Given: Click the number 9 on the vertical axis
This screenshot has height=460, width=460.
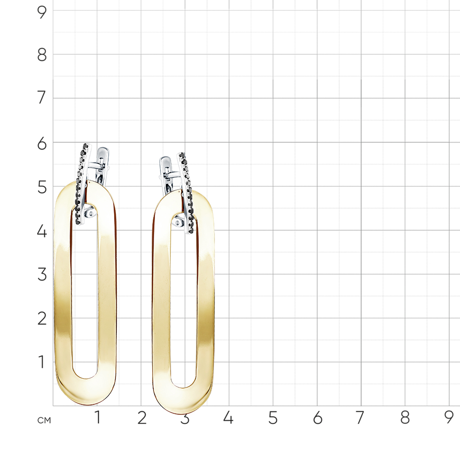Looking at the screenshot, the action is coord(42,12).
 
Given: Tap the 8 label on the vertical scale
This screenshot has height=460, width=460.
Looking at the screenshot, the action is coord(42,55).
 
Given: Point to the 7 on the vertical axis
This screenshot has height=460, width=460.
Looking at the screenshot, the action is coord(42,98).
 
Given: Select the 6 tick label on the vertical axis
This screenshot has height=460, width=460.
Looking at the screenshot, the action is coord(42,144).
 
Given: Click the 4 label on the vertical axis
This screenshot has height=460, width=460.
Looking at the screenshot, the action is coord(42,231).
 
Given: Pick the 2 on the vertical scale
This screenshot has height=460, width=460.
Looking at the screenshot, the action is coord(42,319).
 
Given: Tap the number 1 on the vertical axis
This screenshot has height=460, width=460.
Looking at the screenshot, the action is coord(42,362).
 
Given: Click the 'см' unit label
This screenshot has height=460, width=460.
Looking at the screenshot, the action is coord(44,420).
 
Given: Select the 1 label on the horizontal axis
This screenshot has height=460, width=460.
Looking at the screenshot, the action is coord(98,418).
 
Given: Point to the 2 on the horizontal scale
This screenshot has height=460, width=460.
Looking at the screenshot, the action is coord(142,418).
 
